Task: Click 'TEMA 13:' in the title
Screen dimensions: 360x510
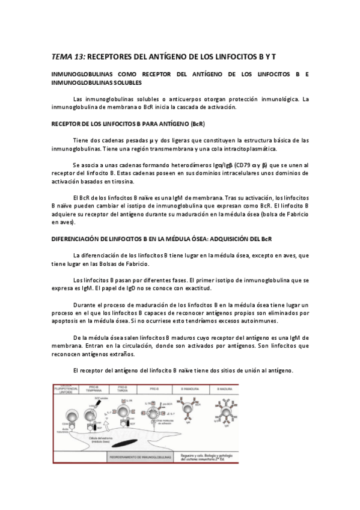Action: [x=69, y=57]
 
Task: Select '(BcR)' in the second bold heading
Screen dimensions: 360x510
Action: [x=197, y=124]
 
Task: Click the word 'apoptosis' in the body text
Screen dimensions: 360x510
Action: [x=67, y=322]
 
